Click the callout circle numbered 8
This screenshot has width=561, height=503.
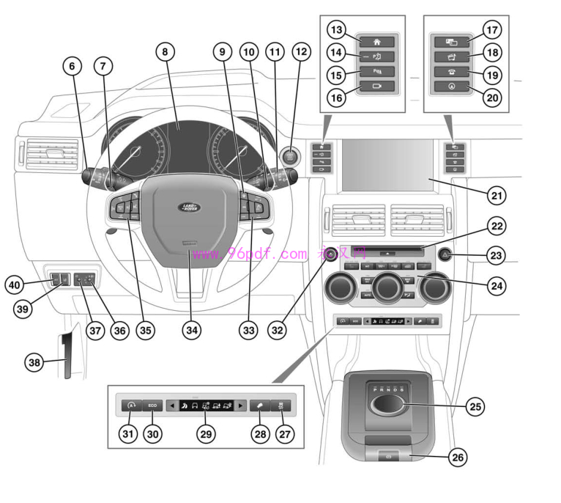166,52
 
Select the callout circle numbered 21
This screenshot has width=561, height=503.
497,196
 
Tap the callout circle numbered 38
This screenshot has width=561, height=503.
34,361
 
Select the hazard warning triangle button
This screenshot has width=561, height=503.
445,255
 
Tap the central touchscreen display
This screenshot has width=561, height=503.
387,164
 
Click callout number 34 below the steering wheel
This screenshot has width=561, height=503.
192,331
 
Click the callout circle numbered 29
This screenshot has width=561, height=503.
207,434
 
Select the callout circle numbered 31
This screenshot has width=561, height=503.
129,434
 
